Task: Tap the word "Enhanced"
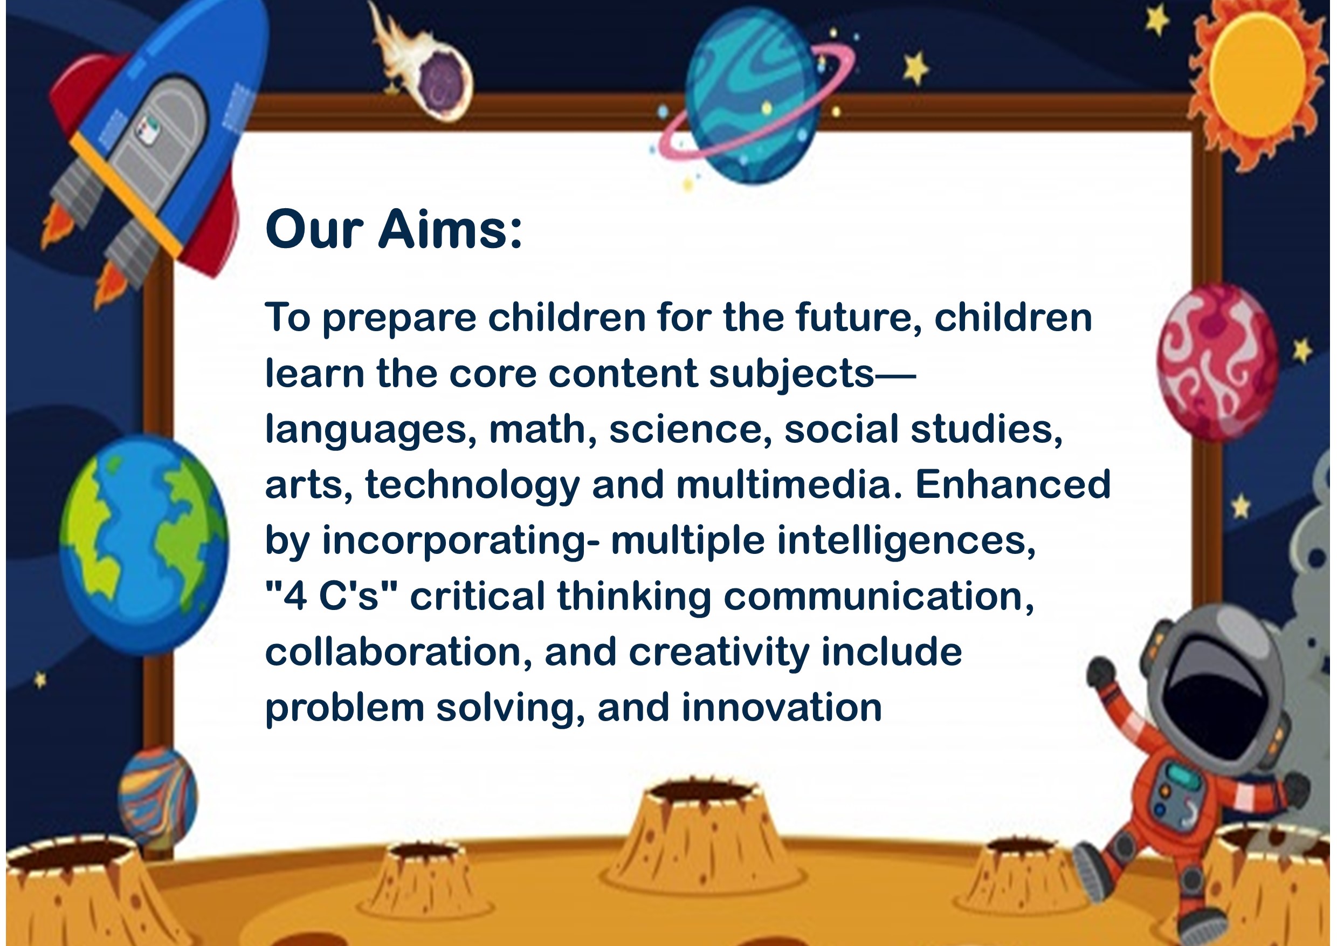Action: (1013, 484)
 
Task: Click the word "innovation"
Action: (782, 708)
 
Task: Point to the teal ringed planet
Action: (755, 96)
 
